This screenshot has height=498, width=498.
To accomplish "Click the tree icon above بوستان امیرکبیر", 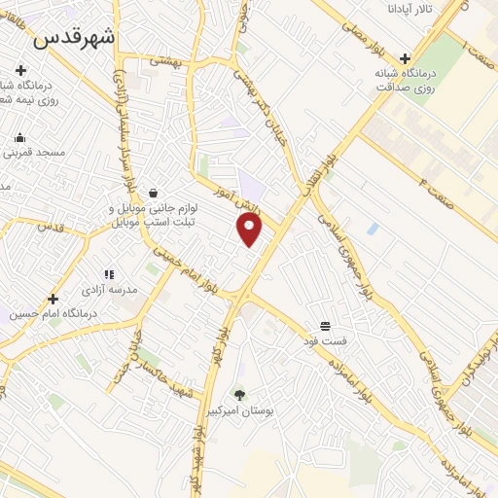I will click(239, 394).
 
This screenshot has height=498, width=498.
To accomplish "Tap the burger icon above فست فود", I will click(324, 327).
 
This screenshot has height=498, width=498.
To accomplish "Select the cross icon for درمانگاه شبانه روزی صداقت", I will click(406, 57).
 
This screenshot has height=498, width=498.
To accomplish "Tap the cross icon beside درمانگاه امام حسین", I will click(53, 299).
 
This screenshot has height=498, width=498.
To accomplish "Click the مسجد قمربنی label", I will click(33, 154).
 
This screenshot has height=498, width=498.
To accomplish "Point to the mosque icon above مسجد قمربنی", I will click(18, 137).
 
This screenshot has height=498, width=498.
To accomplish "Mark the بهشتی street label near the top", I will click(166, 60).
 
